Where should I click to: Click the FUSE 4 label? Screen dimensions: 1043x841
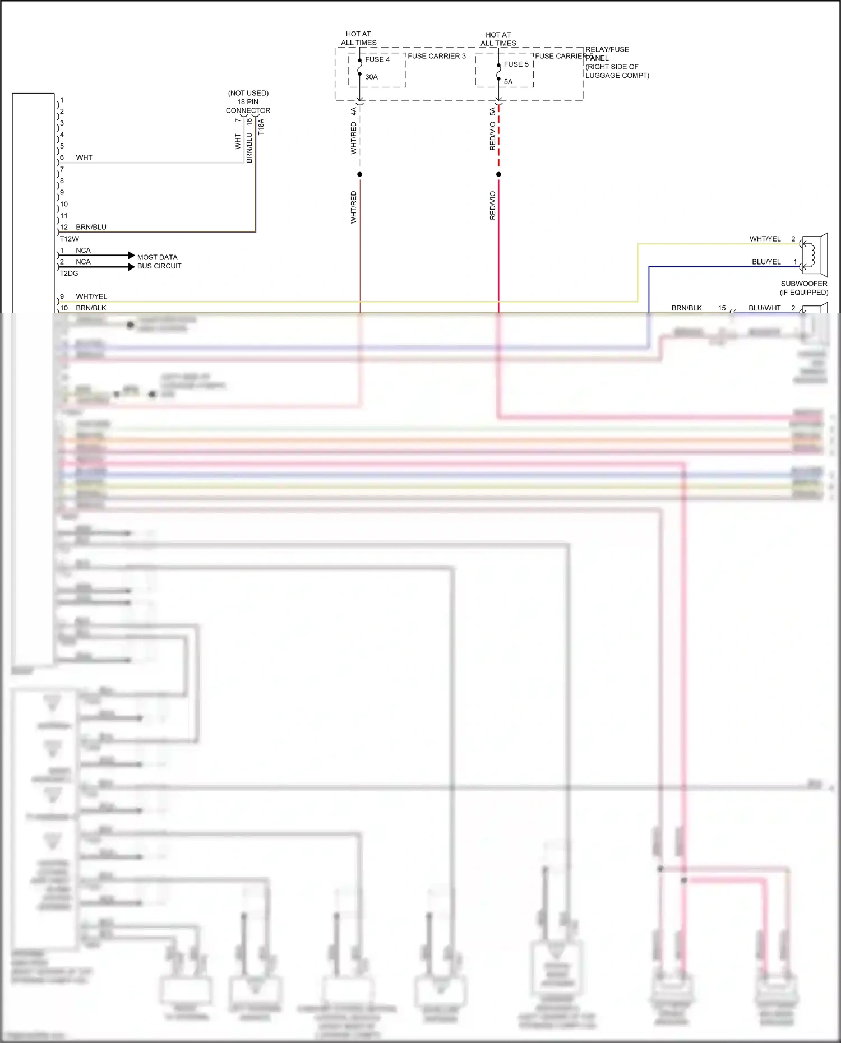pyautogui.click(x=377, y=59)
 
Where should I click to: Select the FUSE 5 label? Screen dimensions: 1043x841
pyautogui.click(x=516, y=64)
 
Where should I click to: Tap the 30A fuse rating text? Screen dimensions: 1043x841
pyautogui.click(x=371, y=77)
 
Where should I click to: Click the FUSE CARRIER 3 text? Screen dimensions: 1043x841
pyautogui.click(x=436, y=56)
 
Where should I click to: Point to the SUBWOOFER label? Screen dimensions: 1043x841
pyautogui.click(x=803, y=284)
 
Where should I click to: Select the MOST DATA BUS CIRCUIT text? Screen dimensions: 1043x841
pyautogui.click(x=159, y=262)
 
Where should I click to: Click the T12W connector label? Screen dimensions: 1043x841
pyautogui.click(x=70, y=239)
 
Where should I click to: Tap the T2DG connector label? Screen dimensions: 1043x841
pyautogui.click(x=69, y=274)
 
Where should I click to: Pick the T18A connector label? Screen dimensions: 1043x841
pyautogui.click(x=261, y=127)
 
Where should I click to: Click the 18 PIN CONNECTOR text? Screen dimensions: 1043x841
pyautogui.click(x=248, y=106)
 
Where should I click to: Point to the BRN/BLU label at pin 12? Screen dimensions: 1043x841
pyautogui.click(x=91, y=227)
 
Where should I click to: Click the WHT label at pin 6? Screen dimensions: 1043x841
pyautogui.click(x=84, y=157)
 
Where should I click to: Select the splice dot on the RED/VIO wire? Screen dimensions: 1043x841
pyautogui.click(x=498, y=174)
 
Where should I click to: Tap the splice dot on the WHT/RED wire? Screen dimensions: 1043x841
pyautogui.click(x=359, y=174)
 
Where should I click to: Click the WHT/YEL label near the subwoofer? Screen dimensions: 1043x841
pyautogui.click(x=765, y=239)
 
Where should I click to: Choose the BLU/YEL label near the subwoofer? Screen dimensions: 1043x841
pyautogui.click(x=766, y=262)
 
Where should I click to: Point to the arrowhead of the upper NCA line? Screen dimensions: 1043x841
pyautogui.click(x=132, y=255)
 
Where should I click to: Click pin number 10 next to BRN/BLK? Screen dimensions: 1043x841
pyautogui.click(x=64, y=308)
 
